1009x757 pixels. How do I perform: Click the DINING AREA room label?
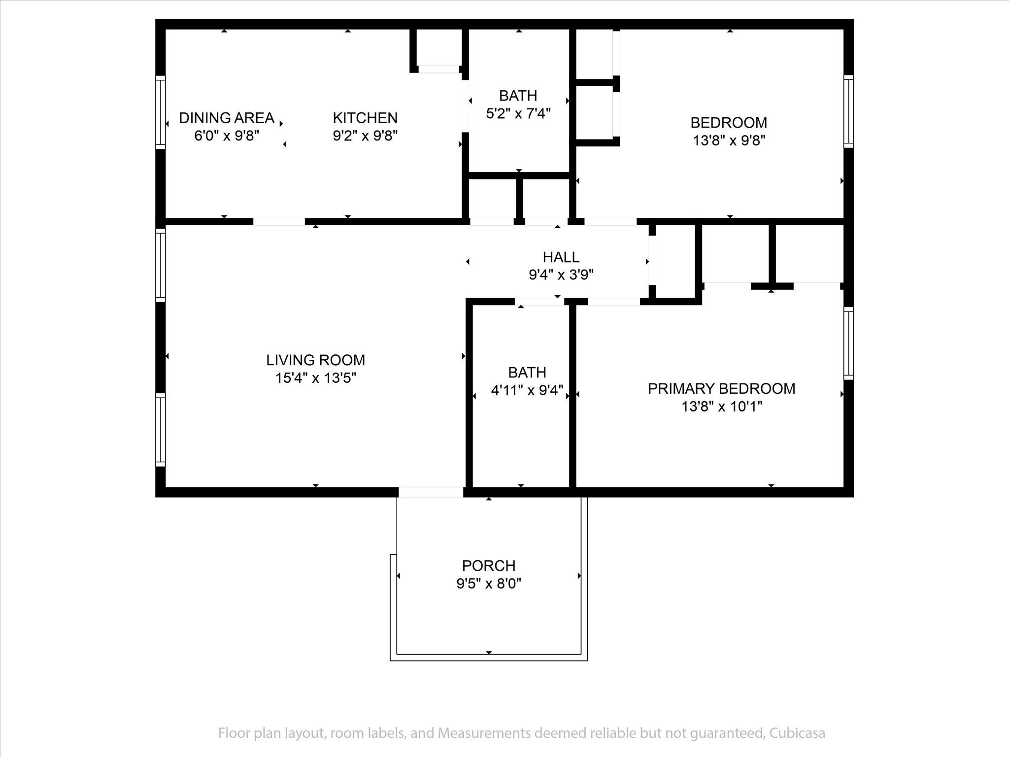pos(227,118)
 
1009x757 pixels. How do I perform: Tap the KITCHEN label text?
pos(365,118)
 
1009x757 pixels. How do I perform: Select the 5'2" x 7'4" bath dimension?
pos(518,113)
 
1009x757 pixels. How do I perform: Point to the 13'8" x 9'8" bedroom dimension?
pos(729,141)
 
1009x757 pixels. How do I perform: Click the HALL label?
pos(561,257)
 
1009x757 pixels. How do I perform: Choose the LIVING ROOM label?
pos(316,360)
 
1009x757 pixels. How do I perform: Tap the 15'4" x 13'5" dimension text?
pos(316,378)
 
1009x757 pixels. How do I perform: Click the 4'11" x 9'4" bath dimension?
pos(527,390)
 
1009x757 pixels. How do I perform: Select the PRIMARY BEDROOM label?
pos(722,389)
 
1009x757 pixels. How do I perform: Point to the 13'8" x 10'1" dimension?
pos(722,407)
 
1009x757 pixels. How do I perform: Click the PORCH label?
pos(489,565)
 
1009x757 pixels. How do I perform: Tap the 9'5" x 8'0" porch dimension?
pos(489,584)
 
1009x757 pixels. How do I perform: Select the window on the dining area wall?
pos(161,112)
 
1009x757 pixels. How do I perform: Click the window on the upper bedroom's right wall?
pos(848,111)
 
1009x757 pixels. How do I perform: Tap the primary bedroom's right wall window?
pos(848,344)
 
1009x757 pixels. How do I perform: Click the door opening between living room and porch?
pos(431,492)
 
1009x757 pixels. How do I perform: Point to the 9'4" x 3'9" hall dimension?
pos(561,275)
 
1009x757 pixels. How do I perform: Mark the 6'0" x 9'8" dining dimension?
pos(227,136)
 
